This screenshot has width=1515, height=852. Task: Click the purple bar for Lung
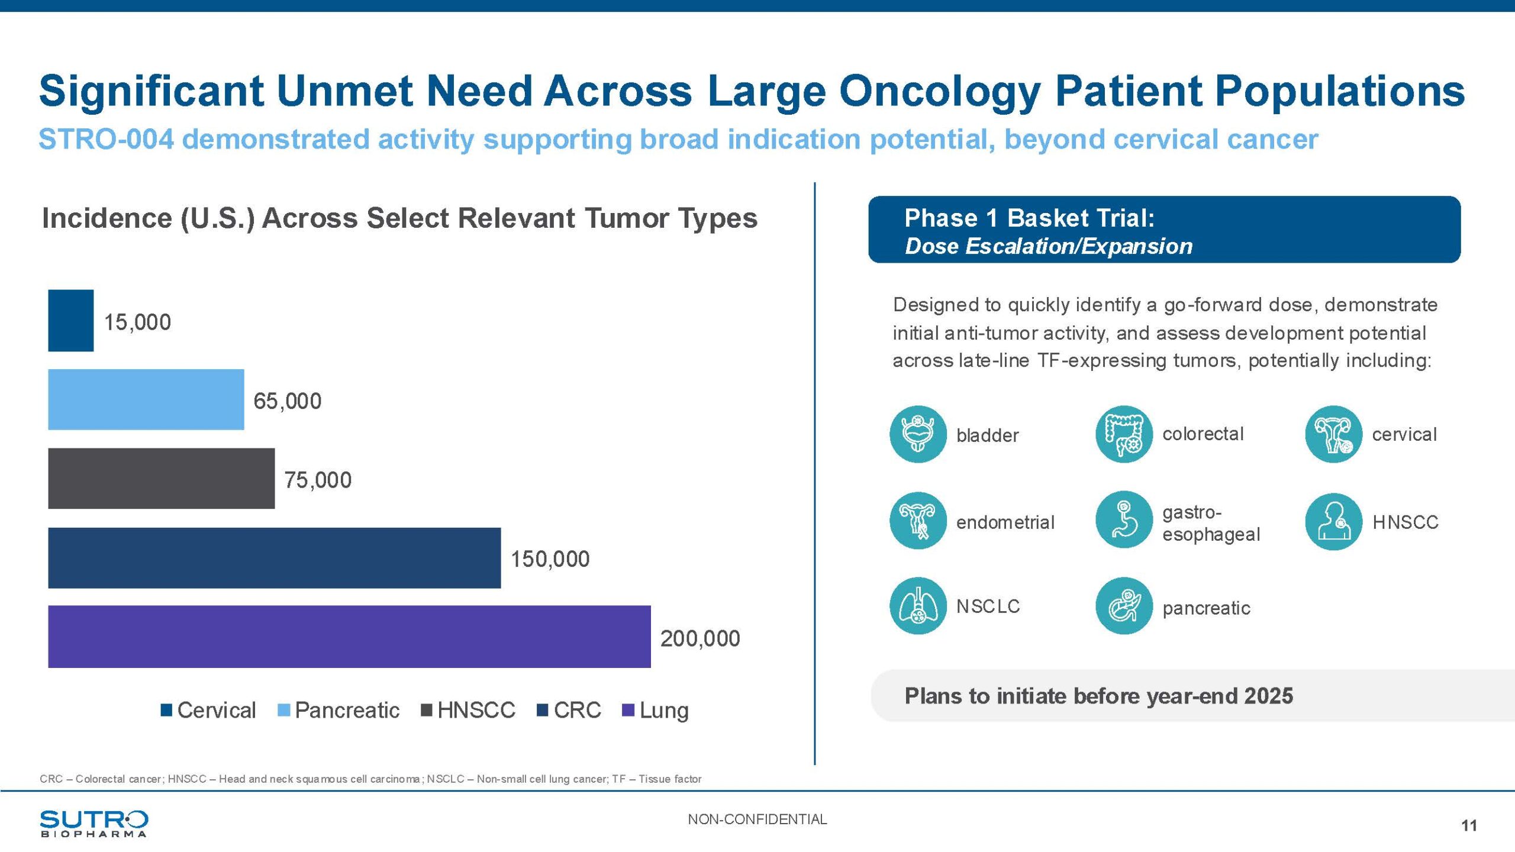[x=349, y=637]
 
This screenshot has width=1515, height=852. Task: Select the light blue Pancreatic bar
[x=146, y=399]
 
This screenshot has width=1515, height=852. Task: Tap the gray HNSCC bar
[x=161, y=478]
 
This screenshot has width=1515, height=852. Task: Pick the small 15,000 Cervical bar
[x=70, y=320]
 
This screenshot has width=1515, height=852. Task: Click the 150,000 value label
[x=550, y=559]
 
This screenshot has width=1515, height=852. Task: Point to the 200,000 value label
[x=700, y=638]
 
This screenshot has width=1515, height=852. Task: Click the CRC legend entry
[x=569, y=710]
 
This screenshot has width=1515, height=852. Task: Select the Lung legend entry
[x=656, y=710]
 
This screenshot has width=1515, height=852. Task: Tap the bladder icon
[x=918, y=434]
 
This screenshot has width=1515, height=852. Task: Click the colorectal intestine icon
[x=1124, y=434]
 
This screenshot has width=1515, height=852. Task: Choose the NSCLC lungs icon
[x=918, y=606]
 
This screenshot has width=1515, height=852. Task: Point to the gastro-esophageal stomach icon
[x=1124, y=520]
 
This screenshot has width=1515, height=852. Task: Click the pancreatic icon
[x=1124, y=606]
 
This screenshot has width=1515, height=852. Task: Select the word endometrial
[x=1005, y=522]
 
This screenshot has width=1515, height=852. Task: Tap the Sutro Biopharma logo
[x=94, y=823]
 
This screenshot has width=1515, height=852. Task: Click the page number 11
[x=1469, y=825]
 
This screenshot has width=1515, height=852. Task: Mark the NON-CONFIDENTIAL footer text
[x=757, y=819]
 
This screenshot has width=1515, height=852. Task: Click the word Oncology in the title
[x=940, y=92]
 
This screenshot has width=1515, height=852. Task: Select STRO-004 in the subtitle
[x=107, y=140]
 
